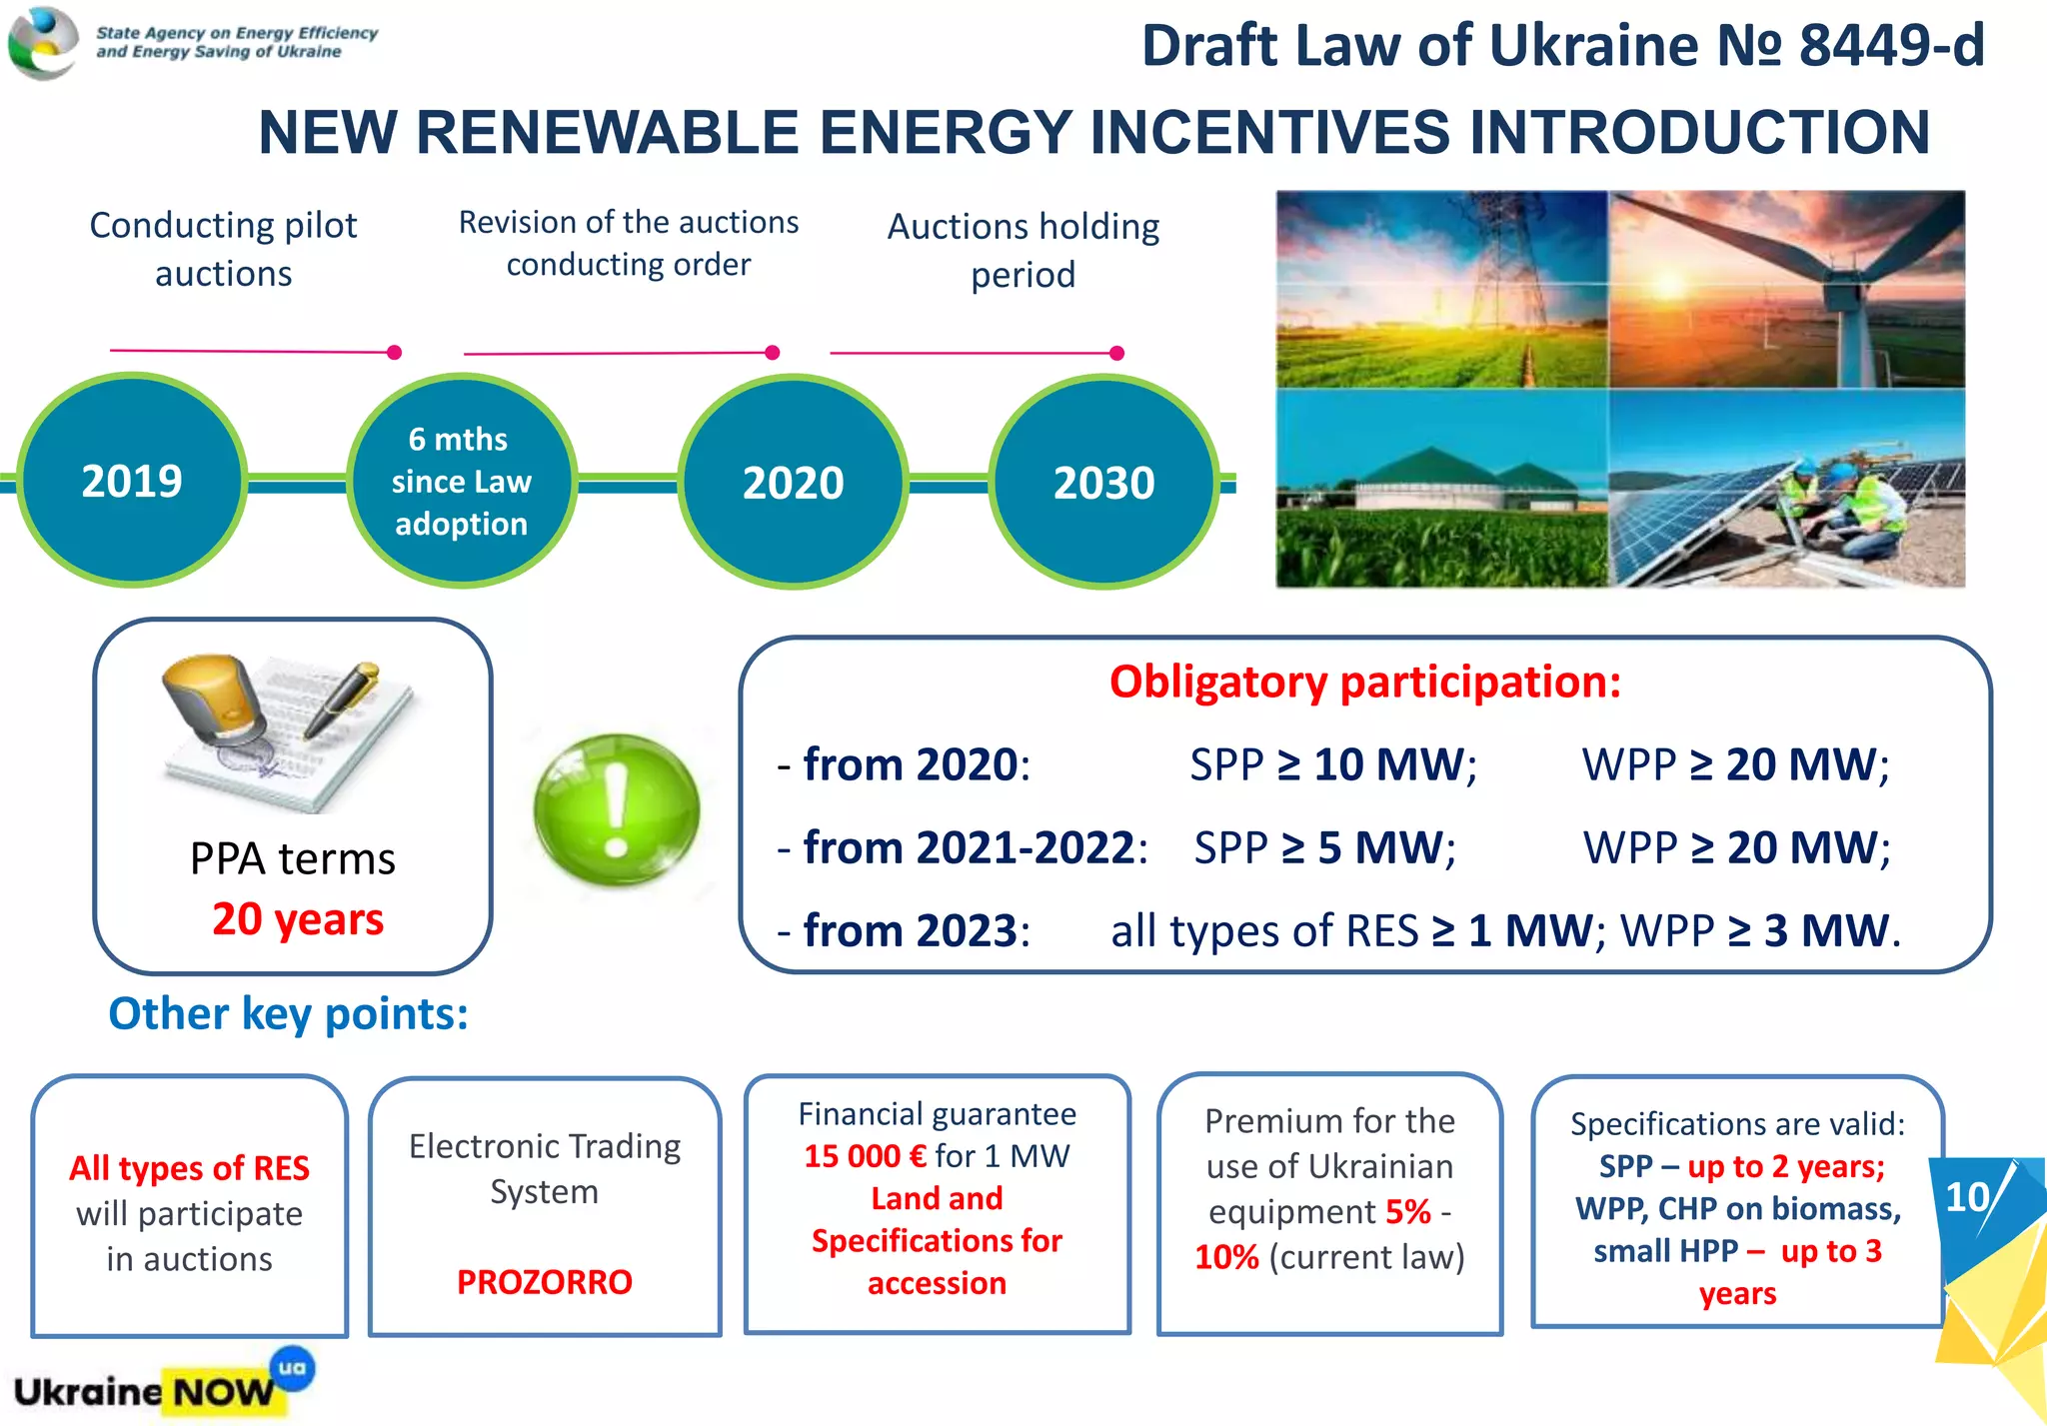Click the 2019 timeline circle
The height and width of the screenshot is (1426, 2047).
click(132, 481)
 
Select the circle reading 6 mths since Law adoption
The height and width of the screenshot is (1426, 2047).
click(461, 481)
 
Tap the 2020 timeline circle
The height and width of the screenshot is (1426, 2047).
click(793, 482)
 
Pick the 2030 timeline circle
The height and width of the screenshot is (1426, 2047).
click(1103, 482)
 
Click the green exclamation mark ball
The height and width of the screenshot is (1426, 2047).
click(616, 809)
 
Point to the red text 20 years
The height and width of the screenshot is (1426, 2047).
click(297, 918)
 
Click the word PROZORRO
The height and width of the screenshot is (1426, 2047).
click(544, 1281)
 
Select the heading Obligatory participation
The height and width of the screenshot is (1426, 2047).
click(1364, 682)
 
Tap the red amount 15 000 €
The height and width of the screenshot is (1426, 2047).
click(865, 1156)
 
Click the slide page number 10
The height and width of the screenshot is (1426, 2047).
click(1966, 1196)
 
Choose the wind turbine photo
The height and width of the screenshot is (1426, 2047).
click(1786, 289)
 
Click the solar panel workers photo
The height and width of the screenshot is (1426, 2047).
click(1786, 488)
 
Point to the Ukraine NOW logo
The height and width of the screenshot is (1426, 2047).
click(150, 1388)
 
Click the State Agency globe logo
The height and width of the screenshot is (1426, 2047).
click(42, 42)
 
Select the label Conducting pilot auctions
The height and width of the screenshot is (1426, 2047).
click(223, 249)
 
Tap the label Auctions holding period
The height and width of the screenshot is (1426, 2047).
click(1023, 250)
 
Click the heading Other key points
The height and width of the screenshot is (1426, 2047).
click(288, 1013)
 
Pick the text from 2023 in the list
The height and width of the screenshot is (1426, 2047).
click(910, 930)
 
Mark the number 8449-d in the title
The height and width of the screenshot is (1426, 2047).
click(1890, 46)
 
